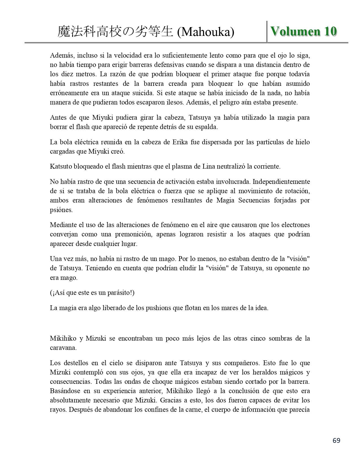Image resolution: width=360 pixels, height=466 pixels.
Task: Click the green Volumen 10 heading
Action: (x=304, y=31)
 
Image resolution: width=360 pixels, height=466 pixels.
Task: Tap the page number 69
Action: (x=336, y=440)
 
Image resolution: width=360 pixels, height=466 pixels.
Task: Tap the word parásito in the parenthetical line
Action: (x=118, y=293)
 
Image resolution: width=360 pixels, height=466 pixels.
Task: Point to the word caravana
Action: (x=63, y=348)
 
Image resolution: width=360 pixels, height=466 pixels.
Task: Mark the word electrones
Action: (x=293, y=225)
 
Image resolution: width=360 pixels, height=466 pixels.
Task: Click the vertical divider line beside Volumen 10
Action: (x=267, y=32)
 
